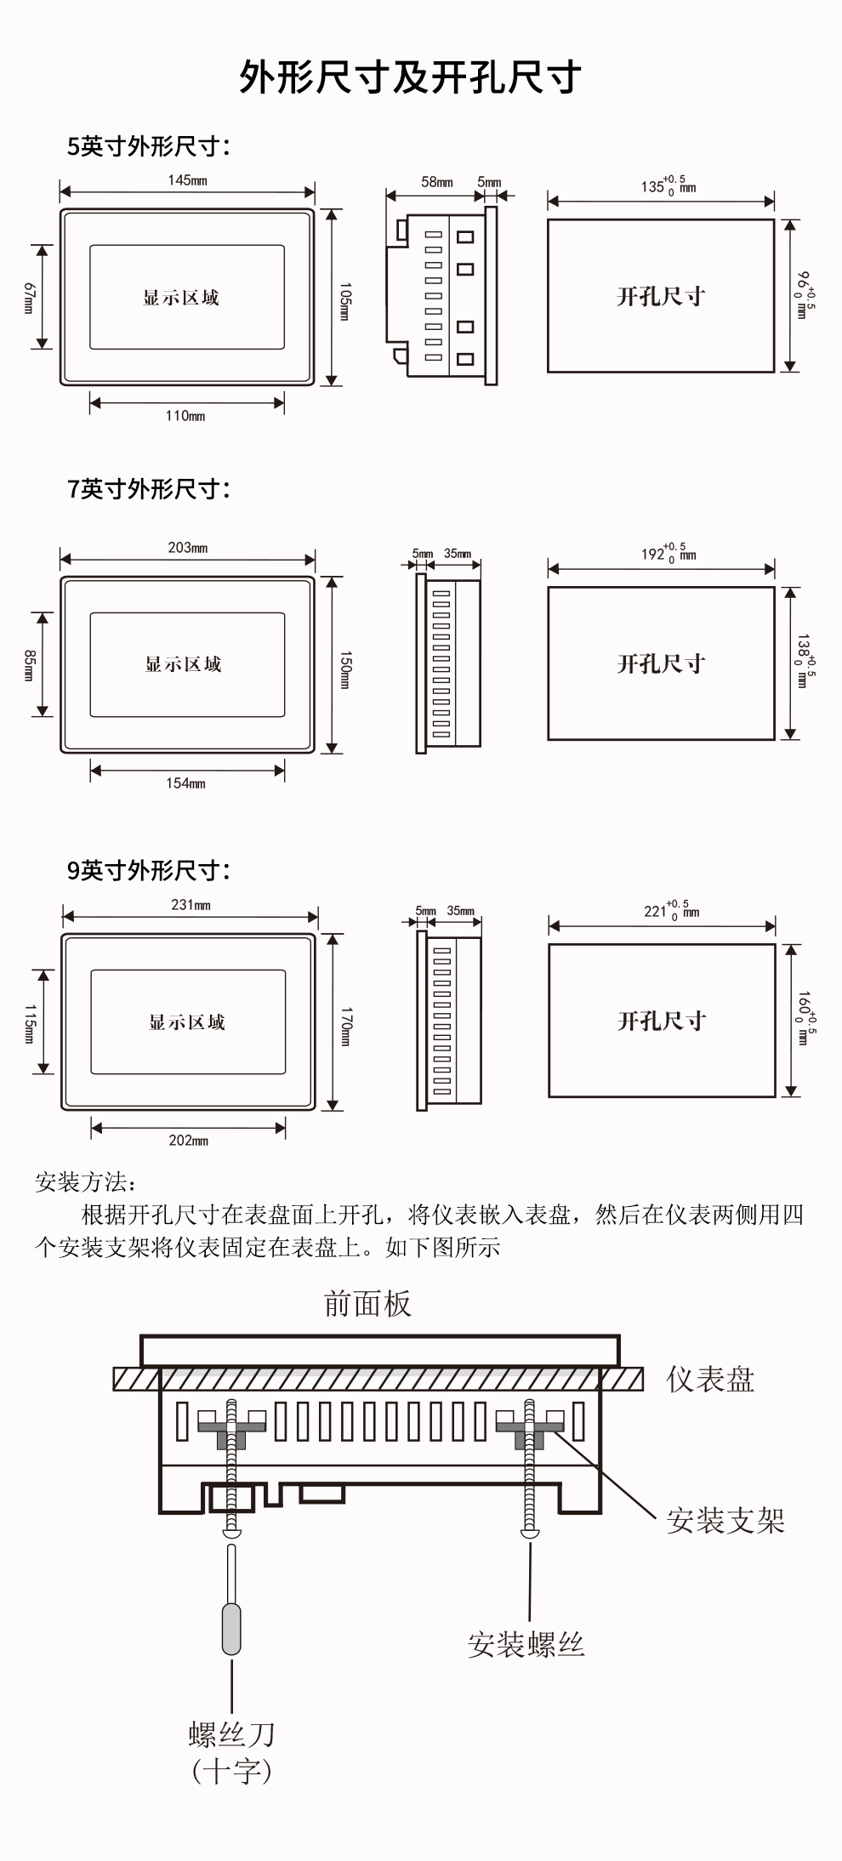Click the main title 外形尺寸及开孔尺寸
click(x=410, y=77)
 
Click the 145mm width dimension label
click(x=187, y=180)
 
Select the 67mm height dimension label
click(x=28, y=298)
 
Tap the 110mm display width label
click(x=185, y=416)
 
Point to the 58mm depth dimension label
click(x=436, y=182)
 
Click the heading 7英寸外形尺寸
click(x=148, y=489)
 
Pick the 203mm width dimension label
click(x=187, y=548)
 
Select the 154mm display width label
click(x=185, y=783)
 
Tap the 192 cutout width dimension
click(x=668, y=553)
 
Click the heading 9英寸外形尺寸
click(x=148, y=870)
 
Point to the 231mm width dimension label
click(x=191, y=905)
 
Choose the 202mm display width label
click(x=188, y=1141)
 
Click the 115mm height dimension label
click(x=29, y=1024)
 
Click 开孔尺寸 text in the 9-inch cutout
click(x=662, y=1021)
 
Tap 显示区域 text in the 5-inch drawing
click(x=181, y=298)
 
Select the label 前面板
click(x=367, y=1303)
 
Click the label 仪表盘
click(x=710, y=1379)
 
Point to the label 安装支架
click(x=725, y=1520)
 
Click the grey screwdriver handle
click(x=231, y=1628)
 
